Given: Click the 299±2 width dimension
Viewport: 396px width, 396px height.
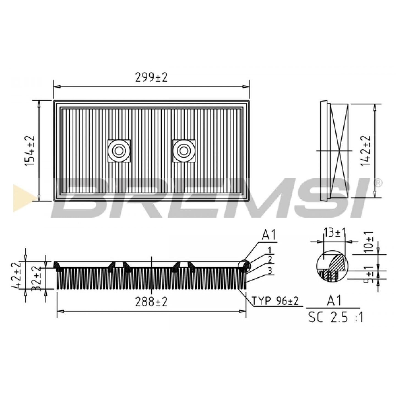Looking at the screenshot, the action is point(151,78).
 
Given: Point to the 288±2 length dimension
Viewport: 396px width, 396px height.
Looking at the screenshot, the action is point(151,302).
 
